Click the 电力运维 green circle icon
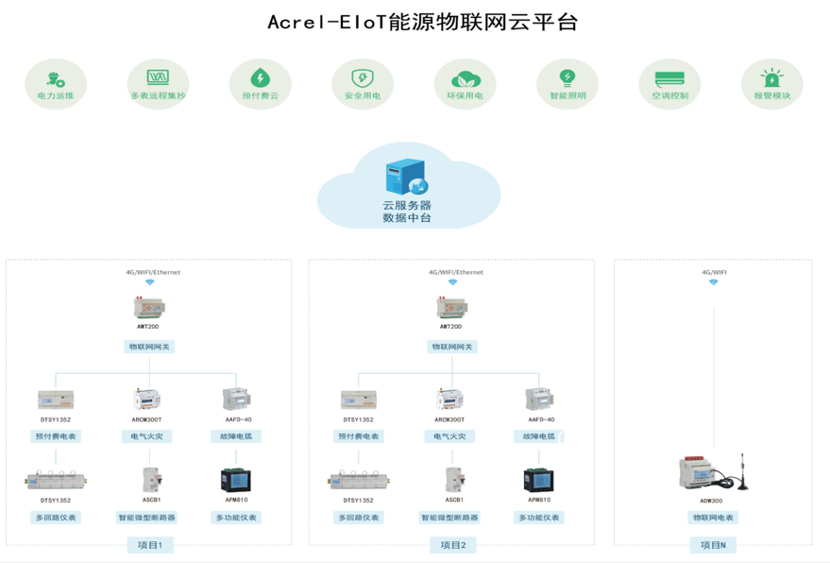(55, 78)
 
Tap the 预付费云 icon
(260, 78)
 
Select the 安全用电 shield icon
(362, 78)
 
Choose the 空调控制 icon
(669, 78)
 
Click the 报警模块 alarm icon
(771, 78)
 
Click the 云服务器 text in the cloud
(406, 205)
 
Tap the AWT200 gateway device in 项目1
(148, 307)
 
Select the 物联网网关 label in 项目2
(451, 347)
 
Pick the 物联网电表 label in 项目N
(713, 518)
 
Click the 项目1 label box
(150, 545)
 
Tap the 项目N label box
(713, 545)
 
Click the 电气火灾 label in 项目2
(451, 436)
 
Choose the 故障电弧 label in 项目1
(235, 436)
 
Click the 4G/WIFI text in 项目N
(714, 272)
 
